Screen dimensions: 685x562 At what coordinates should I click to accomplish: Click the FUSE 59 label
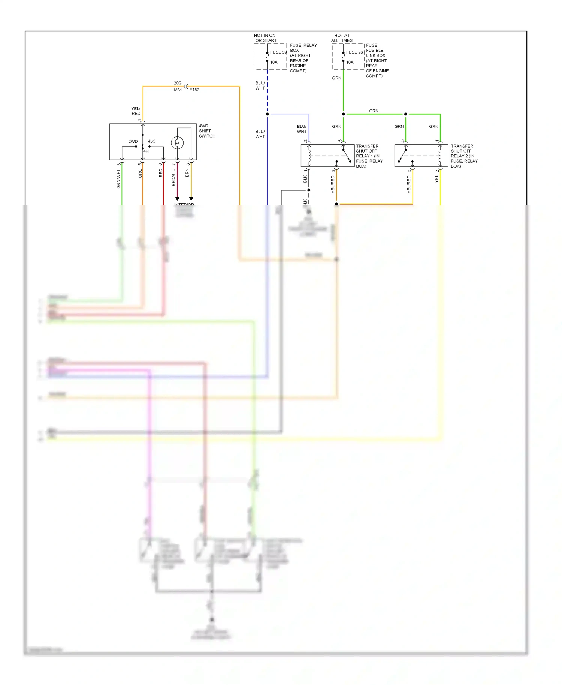[278, 52]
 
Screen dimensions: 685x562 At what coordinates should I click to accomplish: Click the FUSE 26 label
[354, 52]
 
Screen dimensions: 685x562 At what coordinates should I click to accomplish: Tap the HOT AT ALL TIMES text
[342, 38]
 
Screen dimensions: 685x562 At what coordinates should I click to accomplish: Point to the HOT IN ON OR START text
[265, 38]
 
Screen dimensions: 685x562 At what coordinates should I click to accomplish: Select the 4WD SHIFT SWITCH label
[207, 131]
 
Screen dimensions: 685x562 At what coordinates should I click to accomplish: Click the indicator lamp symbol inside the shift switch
[177, 143]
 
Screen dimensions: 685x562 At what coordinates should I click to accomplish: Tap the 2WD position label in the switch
[133, 141]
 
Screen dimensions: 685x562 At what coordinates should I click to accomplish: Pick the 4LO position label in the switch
[152, 141]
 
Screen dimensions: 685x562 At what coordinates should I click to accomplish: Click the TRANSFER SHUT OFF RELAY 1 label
[369, 156]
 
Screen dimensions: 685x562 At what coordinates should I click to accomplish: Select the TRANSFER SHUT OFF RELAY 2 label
[464, 156]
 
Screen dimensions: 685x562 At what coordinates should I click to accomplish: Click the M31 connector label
[178, 90]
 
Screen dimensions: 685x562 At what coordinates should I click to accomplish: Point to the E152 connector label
[194, 90]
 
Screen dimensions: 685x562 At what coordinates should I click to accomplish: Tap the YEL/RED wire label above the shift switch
[136, 111]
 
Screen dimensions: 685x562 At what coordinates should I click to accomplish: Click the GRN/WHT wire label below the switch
[118, 178]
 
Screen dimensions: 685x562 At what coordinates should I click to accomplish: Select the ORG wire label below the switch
[140, 173]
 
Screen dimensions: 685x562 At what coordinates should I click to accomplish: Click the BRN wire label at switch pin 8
[187, 173]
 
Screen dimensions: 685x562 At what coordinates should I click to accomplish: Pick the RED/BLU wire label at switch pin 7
[173, 177]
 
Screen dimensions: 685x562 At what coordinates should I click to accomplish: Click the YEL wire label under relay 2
[436, 179]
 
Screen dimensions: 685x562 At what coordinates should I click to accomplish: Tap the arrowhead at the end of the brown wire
[191, 199]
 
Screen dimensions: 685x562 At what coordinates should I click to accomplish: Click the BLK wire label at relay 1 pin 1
[305, 179]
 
